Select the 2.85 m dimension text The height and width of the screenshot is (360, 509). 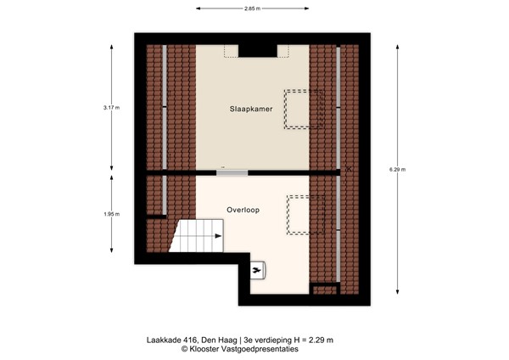251,8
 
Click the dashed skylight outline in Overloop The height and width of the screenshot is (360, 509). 305,215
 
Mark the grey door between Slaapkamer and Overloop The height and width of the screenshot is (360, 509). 232,173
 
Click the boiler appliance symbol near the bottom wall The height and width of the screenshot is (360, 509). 257,271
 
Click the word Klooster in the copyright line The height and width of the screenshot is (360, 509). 208,348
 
